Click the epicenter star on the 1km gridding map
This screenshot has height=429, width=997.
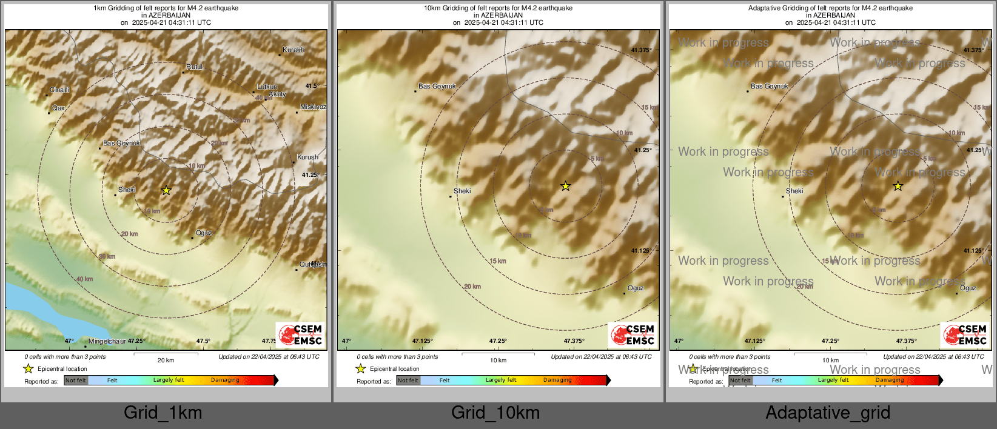pos(166,190)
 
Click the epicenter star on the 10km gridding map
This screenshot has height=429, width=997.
pos(565,186)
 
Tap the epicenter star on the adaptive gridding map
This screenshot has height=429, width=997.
pos(898,186)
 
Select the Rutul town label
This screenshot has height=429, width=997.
pos(194,67)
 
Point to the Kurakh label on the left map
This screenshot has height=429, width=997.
pos(294,50)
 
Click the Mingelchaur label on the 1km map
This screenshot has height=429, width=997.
pos(107,341)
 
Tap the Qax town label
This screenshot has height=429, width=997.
pos(58,108)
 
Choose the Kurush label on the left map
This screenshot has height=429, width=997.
pos(307,157)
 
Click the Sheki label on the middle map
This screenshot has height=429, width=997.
pos(462,191)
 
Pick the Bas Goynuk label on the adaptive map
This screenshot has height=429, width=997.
pos(769,86)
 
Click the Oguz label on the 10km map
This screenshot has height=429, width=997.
pos(636,288)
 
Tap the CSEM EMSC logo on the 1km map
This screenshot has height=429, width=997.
pos(301,334)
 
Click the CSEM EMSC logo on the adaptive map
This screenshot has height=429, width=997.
pos(965,334)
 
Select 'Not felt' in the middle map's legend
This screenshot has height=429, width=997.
pos(408,381)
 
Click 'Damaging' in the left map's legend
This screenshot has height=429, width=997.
pos(225,381)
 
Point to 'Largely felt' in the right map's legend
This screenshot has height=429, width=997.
pos(833,381)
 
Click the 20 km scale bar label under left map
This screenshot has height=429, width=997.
pos(166,360)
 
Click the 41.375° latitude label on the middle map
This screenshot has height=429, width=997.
pos(641,50)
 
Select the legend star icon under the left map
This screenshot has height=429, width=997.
pos(28,368)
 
